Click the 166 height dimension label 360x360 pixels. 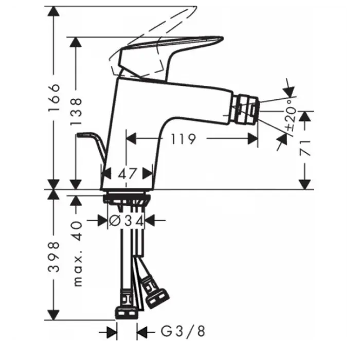coord(54,98)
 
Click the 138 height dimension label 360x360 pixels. coord(76,112)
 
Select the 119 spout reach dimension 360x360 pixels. coord(184,139)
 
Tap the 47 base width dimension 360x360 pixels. coord(127,174)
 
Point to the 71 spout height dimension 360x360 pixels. coord(305,148)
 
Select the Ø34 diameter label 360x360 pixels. coord(127,221)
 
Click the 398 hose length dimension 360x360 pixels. coord(53,257)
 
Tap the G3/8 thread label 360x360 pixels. coord(183,331)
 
